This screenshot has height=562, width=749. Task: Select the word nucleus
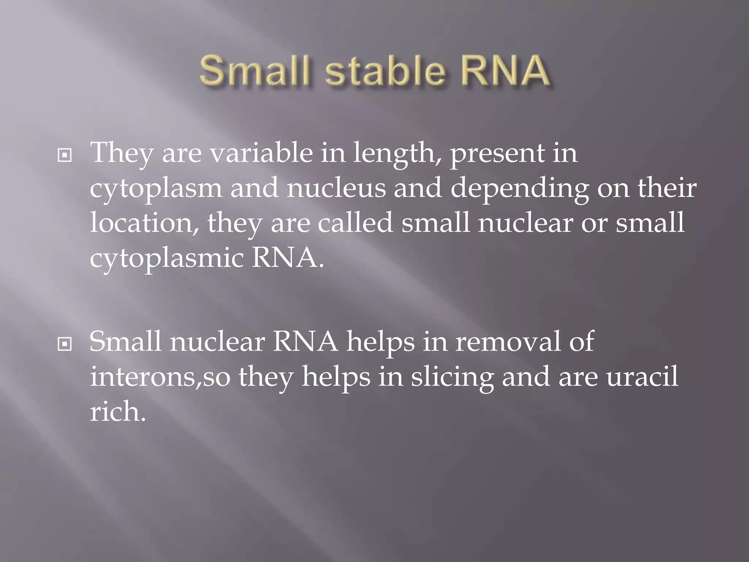(x=336, y=188)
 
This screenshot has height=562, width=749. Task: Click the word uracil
(x=642, y=377)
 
